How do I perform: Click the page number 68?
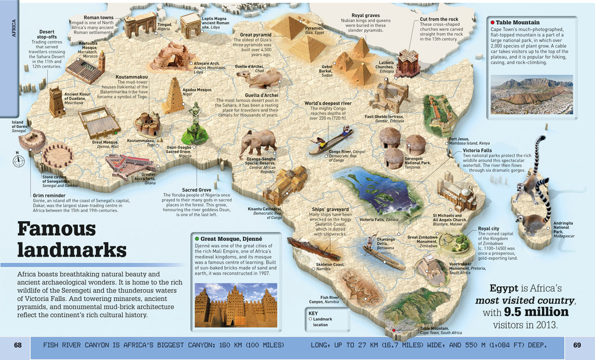click(18, 345)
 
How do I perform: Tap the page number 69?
click(577, 345)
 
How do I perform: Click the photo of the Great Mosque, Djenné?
click(235, 304)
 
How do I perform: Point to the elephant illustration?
click(257, 142)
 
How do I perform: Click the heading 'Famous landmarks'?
click(71, 239)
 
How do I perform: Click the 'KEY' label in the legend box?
click(314, 313)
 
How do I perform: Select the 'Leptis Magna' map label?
click(214, 19)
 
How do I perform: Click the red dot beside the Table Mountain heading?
click(492, 22)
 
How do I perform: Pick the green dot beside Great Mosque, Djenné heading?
click(198, 239)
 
